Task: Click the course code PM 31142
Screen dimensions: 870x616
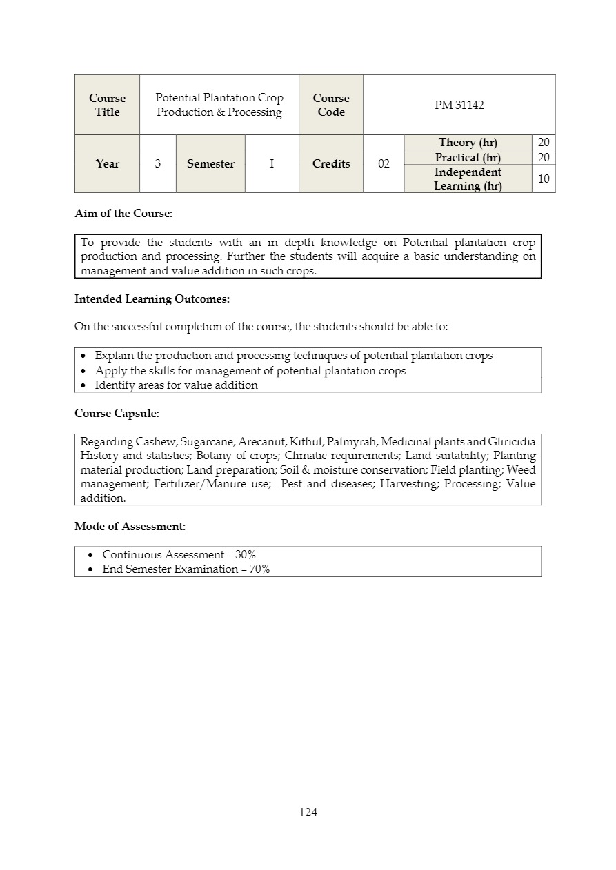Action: [x=459, y=105]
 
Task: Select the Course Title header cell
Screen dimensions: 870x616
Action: [x=107, y=105]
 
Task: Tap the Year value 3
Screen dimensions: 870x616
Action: [x=158, y=163]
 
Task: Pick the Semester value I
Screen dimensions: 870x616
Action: [x=272, y=163]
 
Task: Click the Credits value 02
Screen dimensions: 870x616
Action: [x=384, y=163]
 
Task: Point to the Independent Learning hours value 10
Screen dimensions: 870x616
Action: [x=544, y=179]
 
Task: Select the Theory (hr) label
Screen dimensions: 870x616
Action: [x=468, y=143]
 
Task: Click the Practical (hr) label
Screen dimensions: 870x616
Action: [x=468, y=158]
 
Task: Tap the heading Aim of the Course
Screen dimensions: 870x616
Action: [x=123, y=214]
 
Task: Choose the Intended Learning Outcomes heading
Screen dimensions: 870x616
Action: [x=152, y=299]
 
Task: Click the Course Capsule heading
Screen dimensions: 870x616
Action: [x=117, y=414]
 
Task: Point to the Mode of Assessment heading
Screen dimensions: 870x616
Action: [x=130, y=527]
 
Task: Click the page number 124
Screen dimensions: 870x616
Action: [x=308, y=812]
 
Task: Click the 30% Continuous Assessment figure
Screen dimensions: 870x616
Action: [x=246, y=554]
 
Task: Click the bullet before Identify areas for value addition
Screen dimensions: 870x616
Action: [x=83, y=385]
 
